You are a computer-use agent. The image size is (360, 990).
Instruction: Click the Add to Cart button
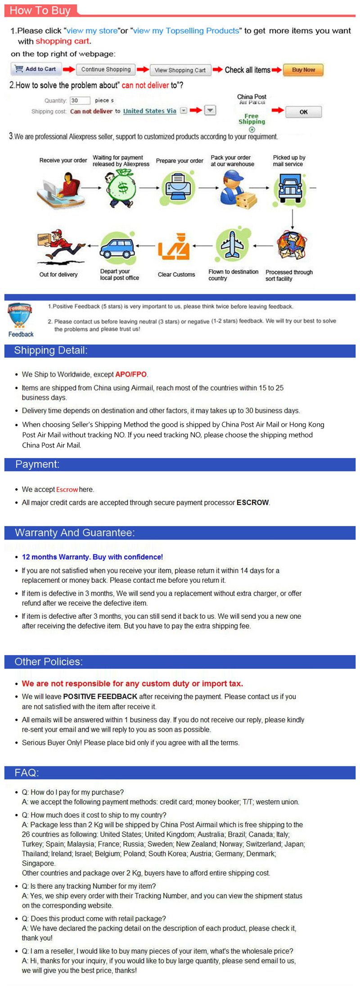(x=36, y=69)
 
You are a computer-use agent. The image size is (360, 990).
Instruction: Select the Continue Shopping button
(x=106, y=70)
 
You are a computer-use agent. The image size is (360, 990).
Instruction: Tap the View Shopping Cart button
(x=180, y=70)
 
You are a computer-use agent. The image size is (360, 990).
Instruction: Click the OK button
(x=304, y=112)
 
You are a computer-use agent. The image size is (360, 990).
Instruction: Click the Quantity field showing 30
(x=80, y=100)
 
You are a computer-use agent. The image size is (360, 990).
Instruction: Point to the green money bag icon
(x=121, y=188)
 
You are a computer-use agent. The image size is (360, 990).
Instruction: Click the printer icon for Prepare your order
(x=178, y=187)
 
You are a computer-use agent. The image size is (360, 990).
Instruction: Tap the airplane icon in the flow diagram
(x=232, y=245)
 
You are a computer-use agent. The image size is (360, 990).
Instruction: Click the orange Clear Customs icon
(x=174, y=247)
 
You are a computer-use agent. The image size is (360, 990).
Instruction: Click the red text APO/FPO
(x=131, y=374)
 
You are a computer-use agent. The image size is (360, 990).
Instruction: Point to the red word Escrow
(x=67, y=490)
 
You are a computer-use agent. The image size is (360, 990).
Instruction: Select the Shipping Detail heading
(x=51, y=351)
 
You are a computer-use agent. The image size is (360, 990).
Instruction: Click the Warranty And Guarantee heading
(x=75, y=533)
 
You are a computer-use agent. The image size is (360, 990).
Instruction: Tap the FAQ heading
(x=27, y=773)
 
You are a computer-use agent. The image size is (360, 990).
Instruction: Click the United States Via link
(x=150, y=111)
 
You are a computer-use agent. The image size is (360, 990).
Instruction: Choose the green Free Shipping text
(x=252, y=119)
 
